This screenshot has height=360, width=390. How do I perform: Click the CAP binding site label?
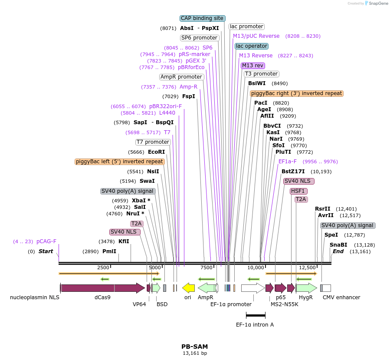point(202,18)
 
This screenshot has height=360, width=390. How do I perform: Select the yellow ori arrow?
point(188,287)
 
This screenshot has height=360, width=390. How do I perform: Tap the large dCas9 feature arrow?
point(102,288)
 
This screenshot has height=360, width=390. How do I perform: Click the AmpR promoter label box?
point(181,77)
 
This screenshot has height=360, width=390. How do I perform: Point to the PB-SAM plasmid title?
point(194,347)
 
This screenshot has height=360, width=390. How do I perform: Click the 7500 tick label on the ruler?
point(206,267)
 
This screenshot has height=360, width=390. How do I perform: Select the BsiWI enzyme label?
point(257,83)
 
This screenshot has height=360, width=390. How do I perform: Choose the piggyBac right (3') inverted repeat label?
point(297,93)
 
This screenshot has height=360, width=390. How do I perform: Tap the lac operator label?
point(252,46)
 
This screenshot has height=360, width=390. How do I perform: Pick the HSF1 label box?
point(298,191)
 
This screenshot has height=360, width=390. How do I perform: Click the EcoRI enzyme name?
point(157,152)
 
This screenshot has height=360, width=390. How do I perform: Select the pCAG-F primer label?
point(46,241)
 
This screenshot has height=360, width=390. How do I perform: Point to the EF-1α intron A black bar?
point(256,316)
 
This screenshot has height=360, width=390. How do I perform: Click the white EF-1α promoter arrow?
point(252,288)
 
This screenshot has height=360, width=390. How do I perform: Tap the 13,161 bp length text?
point(195,353)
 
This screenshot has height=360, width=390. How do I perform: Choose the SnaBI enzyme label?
point(338,245)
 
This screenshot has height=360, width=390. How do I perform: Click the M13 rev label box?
point(253,66)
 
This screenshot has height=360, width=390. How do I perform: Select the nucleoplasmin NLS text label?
point(35,297)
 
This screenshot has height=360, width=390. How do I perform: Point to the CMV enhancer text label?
point(341,297)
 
